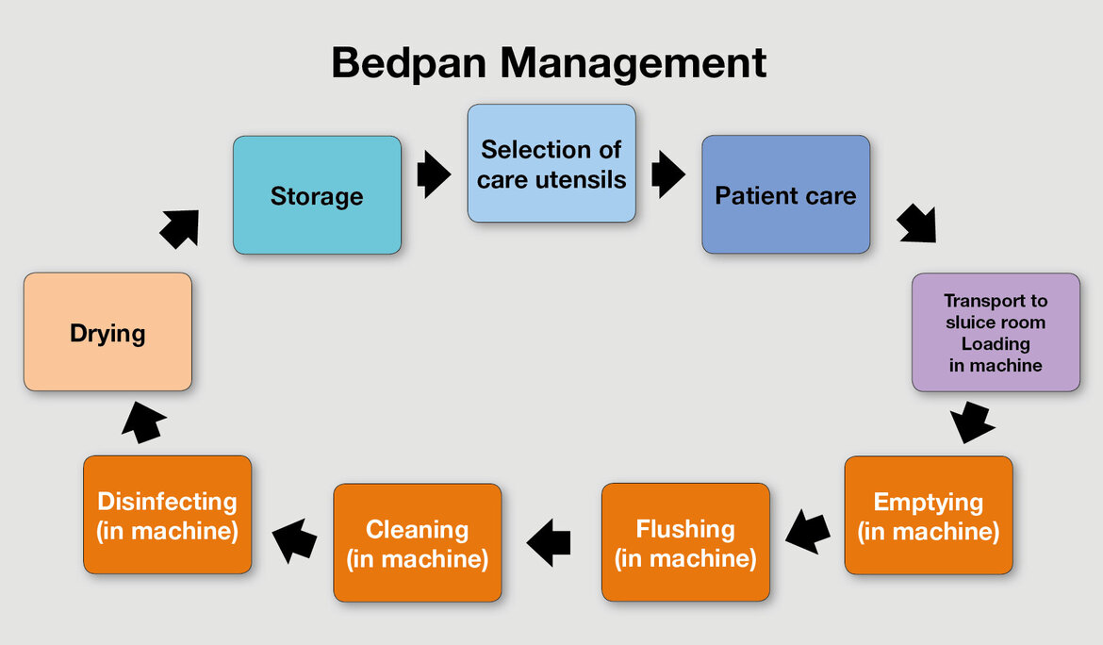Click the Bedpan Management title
pyautogui.click(x=549, y=64)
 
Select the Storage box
pyautogui.click(x=317, y=195)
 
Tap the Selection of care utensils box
pyautogui.click(x=551, y=163)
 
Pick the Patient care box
pyautogui.click(x=785, y=195)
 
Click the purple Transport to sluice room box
pyautogui.click(x=996, y=332)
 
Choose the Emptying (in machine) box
pyautogui.click(x=928, y=515)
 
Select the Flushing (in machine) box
pyautogui.click(x=685, y=542)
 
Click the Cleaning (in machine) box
pyautogui.click(x=417, y=542)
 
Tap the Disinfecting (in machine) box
pyautogui.click(x=167, y=515)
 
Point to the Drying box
pyautogui.click(x=107, y=332)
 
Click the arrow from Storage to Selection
pyautogui.click(x=434, y=174)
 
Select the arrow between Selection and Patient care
pyautogui.click(x=667, y=174)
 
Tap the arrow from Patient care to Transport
pyautogui.click(x=915, y=223)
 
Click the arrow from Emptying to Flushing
pyautogui.click(x=808, y=531)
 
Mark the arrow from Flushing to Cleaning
pyautogui.click(x=549, y=542)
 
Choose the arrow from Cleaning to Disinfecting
pyautogui.click(x=294, y=539)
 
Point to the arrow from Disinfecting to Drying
pyautogui.click(x=143, y=421)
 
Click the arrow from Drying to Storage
pyautogui.click(x=179, y=228)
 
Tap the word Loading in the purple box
pyautogui.click(x=996, y=343)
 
